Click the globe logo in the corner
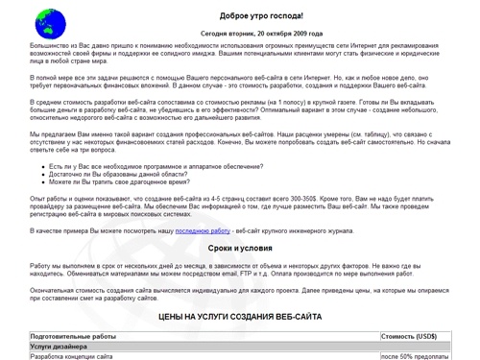coord(44,19)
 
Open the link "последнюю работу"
coord(203,231)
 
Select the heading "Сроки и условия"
coord(261,249)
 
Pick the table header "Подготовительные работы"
coord(73,336)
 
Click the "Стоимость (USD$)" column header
coord(409,336)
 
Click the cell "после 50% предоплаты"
coord(423,356)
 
